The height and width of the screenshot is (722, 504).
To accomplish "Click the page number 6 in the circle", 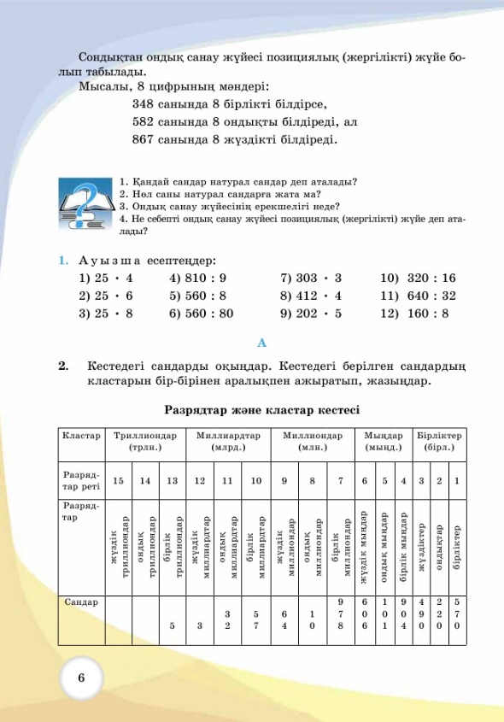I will coord(81,678).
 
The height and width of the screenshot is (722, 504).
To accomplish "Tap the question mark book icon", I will coord(83,206).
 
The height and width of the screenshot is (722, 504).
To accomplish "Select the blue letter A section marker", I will coord(262,343).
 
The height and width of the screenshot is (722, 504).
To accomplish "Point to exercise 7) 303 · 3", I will coord(311,278).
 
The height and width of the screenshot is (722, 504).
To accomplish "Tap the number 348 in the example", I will coord(144,103).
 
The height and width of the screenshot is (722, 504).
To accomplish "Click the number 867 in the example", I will coord(144,139).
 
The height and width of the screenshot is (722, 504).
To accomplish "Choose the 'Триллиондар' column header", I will coord(145,441).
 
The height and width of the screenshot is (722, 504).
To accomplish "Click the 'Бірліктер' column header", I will coord(440,441).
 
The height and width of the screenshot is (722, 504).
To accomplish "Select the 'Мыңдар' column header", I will coord(384,441).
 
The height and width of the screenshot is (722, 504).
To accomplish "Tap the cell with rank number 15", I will coord(118,481).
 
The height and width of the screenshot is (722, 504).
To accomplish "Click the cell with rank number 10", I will coord(256,481).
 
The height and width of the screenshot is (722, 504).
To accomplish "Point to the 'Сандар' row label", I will coord(81,602).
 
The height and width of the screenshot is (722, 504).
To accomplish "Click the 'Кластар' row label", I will coord(81,435).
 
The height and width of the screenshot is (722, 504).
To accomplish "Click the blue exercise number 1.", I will coord(62,260).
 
